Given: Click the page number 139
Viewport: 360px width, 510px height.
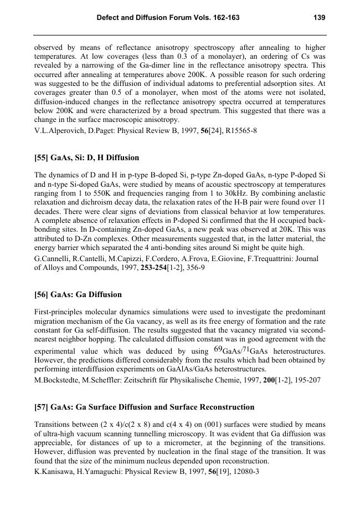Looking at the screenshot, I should point(319,18).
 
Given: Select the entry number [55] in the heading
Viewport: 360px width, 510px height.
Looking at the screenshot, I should point(42,158).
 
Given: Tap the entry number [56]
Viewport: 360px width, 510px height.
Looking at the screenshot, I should point(42,294).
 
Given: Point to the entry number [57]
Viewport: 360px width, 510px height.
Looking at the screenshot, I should point(42,407).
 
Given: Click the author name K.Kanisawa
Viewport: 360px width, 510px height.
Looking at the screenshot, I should point(56,472).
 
